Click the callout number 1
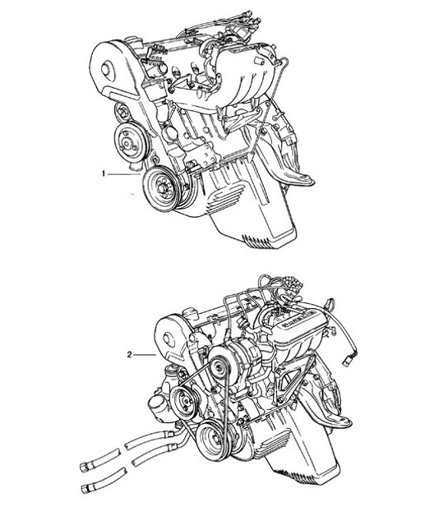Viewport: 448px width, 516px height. (104, 174)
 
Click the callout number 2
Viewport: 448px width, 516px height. (129, 355)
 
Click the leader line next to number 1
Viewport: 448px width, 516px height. (123, 174)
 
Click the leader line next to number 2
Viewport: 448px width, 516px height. (145, 355)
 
